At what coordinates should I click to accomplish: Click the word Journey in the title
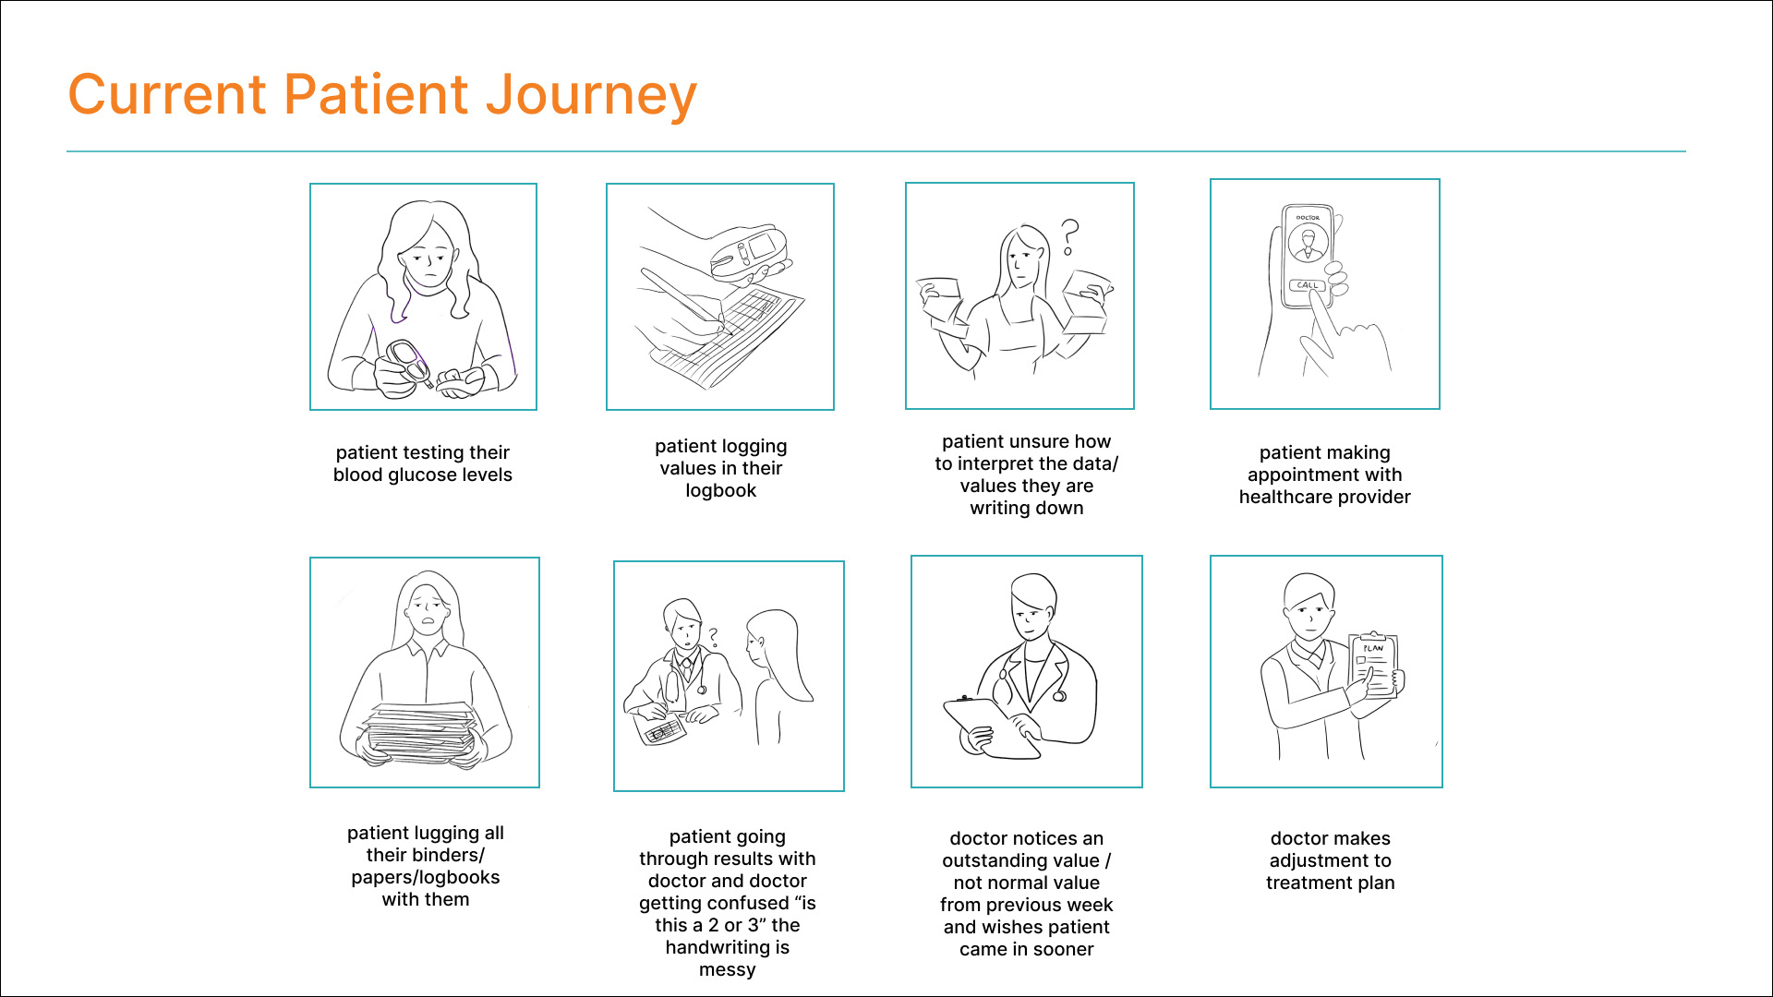pos(591,96)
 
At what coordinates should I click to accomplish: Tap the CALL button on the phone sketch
pos(1307,285)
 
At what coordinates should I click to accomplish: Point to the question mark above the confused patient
pos(1069,236)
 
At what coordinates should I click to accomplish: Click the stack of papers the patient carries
pos(422,731)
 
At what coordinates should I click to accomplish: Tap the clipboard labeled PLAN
pos(1373,665)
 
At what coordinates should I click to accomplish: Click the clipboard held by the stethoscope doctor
pos(989,727)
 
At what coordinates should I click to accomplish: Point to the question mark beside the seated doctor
pos(713,637)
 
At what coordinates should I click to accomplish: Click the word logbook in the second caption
pos(720,491)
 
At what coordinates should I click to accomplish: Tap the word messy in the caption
pos(727,970)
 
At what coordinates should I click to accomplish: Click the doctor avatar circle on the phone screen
pos(1308,245)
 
